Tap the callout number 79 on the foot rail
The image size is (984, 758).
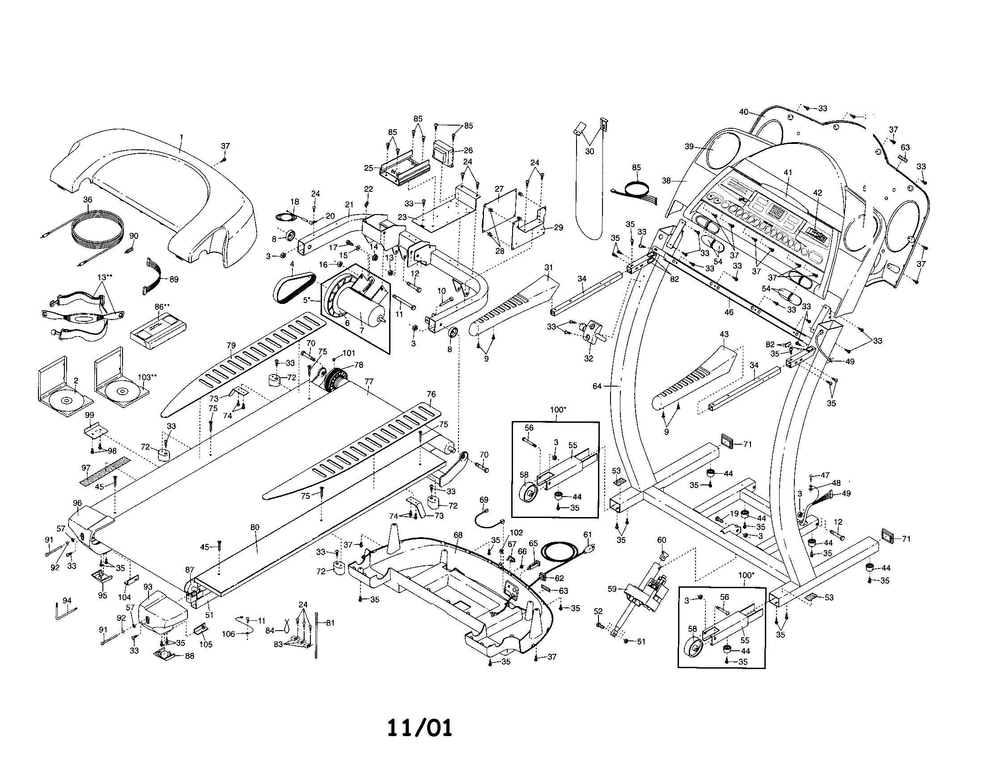coord(231,345)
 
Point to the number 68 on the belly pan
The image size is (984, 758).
coord(458,535)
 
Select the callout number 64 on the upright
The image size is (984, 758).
coord(597,386)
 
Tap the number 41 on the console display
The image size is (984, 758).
coord(788,173)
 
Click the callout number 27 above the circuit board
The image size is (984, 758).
coord(499,189)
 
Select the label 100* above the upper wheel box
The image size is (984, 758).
coord(558,409)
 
